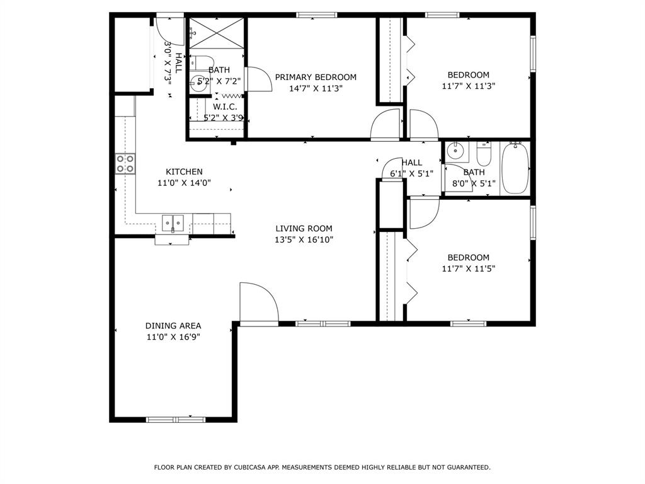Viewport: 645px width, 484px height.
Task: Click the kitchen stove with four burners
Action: coord(125,164)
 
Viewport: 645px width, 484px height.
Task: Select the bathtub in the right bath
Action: coord(515,168)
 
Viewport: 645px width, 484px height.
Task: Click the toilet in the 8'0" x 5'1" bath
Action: coord(484,154)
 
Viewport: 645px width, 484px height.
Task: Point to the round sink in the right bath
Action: coord(454,151)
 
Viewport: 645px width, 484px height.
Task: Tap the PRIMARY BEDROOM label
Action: coord(316,77)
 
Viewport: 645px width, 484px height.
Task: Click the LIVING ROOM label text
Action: coord(304,228)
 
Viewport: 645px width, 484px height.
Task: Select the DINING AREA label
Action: coord(173,326)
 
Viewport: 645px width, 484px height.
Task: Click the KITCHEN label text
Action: coord(184,171)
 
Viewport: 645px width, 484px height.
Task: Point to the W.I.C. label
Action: coord(224,107)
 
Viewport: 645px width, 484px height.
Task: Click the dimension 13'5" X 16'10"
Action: coord(304,239)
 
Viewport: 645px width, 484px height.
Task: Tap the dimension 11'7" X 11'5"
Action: coord(468,268)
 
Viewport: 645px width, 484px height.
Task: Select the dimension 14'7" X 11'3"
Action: coord(316,88)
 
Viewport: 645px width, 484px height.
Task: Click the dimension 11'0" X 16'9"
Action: coord(173,337)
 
